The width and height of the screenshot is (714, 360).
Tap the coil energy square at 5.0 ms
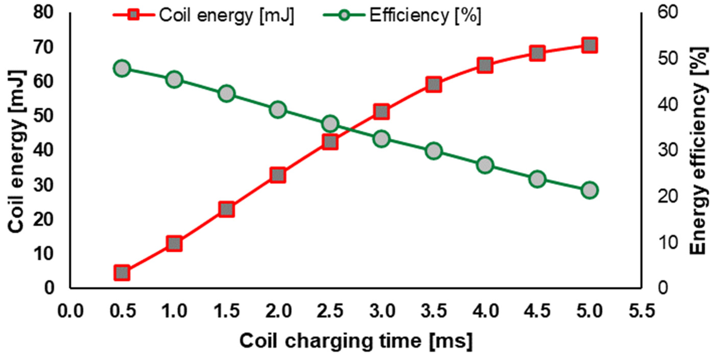click(589, 45)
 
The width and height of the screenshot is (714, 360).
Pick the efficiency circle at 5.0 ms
click(589, 190)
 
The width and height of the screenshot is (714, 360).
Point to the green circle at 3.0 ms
click(382, 139)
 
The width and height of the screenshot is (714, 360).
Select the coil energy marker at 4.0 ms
click(485, 66)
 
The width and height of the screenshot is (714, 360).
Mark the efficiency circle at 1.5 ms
click(226, 94)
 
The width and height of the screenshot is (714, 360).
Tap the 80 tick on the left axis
click(43, 13)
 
